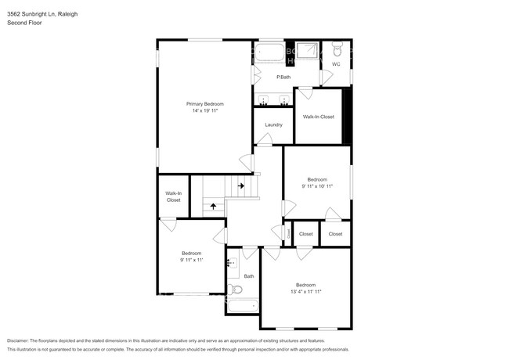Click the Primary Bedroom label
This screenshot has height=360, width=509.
pyautogui.click(x=204, y=104)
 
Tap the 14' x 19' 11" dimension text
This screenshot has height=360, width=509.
pyautogui.click(x=204, y=111)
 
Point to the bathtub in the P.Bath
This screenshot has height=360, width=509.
pyautogui.click(x=272, y=54)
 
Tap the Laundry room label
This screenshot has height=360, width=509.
pyautogui.click(x=273, y=125)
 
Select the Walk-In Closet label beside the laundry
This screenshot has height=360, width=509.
pyautogui.click(x=318, y=117)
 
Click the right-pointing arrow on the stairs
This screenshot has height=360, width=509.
pyautogui.click(x=241, y=186)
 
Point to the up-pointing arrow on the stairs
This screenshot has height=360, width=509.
pyautogui.click(x=212, y=207)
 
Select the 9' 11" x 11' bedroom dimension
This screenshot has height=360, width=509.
pyautogui.click(x=192, y=260)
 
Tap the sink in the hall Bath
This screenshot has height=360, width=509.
pyautogui.click(x=233, y=264)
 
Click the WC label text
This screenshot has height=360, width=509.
pyautogui.click(x=336, y=64)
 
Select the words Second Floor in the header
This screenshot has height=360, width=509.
pyautogui.click(x=24, y=23)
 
